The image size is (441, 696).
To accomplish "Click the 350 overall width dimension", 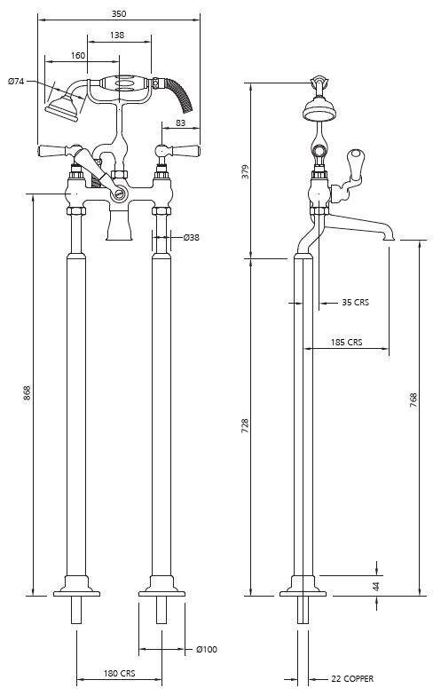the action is [x=119, y=14].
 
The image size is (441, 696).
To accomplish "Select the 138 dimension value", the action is [x=117, y=35].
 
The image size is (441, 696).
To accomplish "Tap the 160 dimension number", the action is [x=78, y=55].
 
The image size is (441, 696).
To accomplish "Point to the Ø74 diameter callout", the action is [x=16, y=82].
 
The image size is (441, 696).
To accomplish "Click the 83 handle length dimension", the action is [x=181, y=123].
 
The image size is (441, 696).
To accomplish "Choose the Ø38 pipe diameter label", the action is [x=192, y=238].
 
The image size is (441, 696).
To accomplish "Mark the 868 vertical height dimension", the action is [x=27, y=393].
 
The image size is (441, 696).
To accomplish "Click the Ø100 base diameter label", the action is [x=207, y=650].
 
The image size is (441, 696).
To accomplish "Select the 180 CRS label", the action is [x=119, y=673].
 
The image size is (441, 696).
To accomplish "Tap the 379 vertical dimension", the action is [x=246, y=172].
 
